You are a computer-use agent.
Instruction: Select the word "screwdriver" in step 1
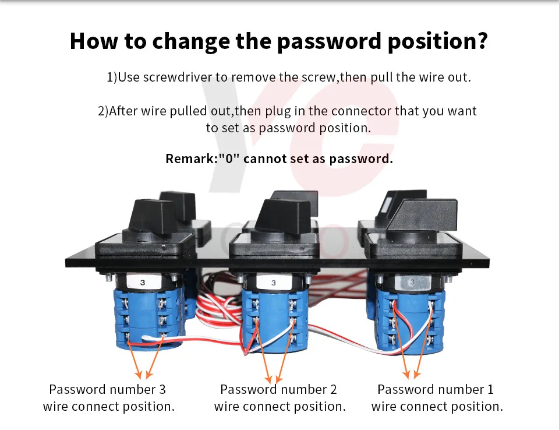tap(179, 77)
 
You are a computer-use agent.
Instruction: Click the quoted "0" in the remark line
tap(229, 158)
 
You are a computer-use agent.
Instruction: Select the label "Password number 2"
tap(278, 389)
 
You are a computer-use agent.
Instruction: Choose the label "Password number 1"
tap(436, 389)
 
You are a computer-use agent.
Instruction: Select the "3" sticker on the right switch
tap(412, 283)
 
